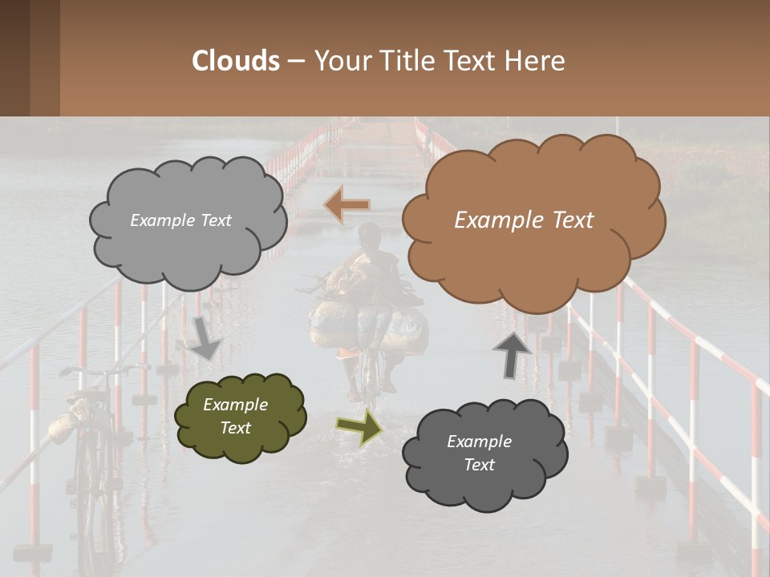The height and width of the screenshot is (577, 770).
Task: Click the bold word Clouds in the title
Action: [236, 61]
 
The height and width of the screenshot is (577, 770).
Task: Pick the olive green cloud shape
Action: [240, 417]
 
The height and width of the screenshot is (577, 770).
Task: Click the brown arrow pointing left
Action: [346, 205]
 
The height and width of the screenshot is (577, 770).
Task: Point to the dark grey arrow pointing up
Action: [513, 353]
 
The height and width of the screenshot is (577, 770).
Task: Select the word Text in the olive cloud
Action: [235, 428]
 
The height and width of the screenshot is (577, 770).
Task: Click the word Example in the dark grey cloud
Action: [479, 442]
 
